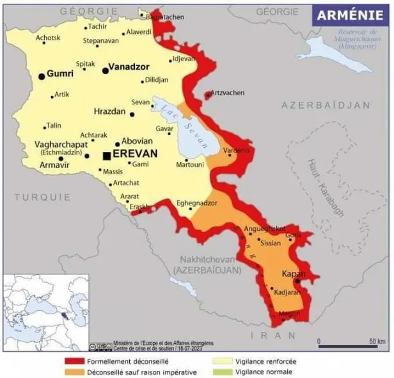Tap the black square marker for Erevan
coord(107,155)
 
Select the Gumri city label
coord(60,74)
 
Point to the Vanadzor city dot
coord(106,70)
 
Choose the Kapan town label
coord(294,274)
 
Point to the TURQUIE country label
coord(43,197)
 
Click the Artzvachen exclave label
coord(227,93)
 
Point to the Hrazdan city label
coord(110,111)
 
